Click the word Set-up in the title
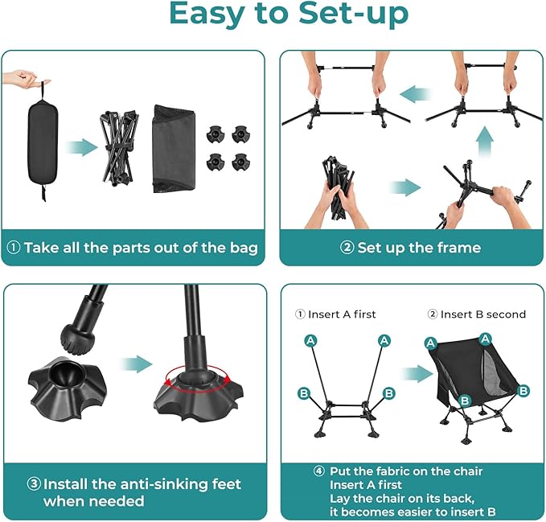point(354,14)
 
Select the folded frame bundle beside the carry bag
point(118,148)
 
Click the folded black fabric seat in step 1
point(174,149)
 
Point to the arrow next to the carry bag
point(81,147)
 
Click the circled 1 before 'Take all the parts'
point(13,248)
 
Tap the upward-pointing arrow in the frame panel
point(486,142)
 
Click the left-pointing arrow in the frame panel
point(416,94)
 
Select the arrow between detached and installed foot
point(137,364)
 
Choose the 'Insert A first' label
point(335,314)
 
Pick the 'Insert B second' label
point(477,314)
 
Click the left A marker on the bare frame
point(310,340)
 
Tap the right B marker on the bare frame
point(388,393)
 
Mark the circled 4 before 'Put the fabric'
point(319,471)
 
